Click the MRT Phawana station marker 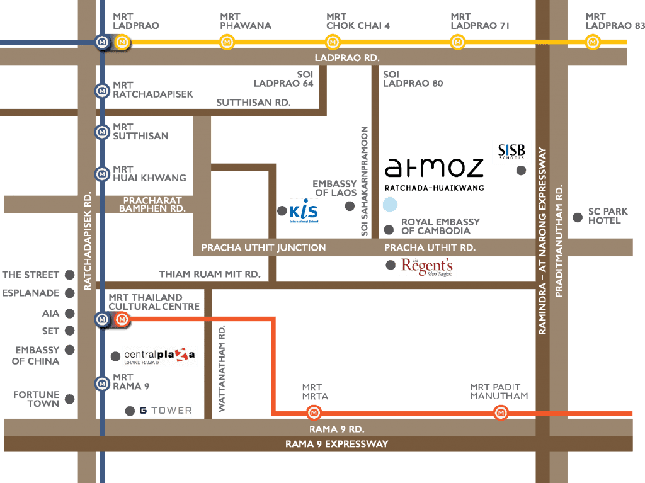tap(227, 42)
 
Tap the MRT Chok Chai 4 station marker tap(333, 42)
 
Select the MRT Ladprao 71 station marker tap(458, 42)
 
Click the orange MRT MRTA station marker tap(314, 412)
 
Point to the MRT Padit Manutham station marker tap(501, 412)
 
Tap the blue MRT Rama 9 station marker tap(102, 384)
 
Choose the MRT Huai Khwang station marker tap(102, 174)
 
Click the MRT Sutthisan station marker tap(102, 132)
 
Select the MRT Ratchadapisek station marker tap(102, 91)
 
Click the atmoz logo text tap(434, 168)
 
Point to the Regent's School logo tap(427, 267)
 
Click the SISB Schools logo tap(511, 151)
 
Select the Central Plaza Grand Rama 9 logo tap(159, 356)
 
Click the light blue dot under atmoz tap(390, 204)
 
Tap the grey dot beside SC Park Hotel tap(578, 217)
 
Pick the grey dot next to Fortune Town tap(70, 399)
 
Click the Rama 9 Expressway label tap(337, 444)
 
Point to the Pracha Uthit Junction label tap(264, 247)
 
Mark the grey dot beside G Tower tap(130, 411)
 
